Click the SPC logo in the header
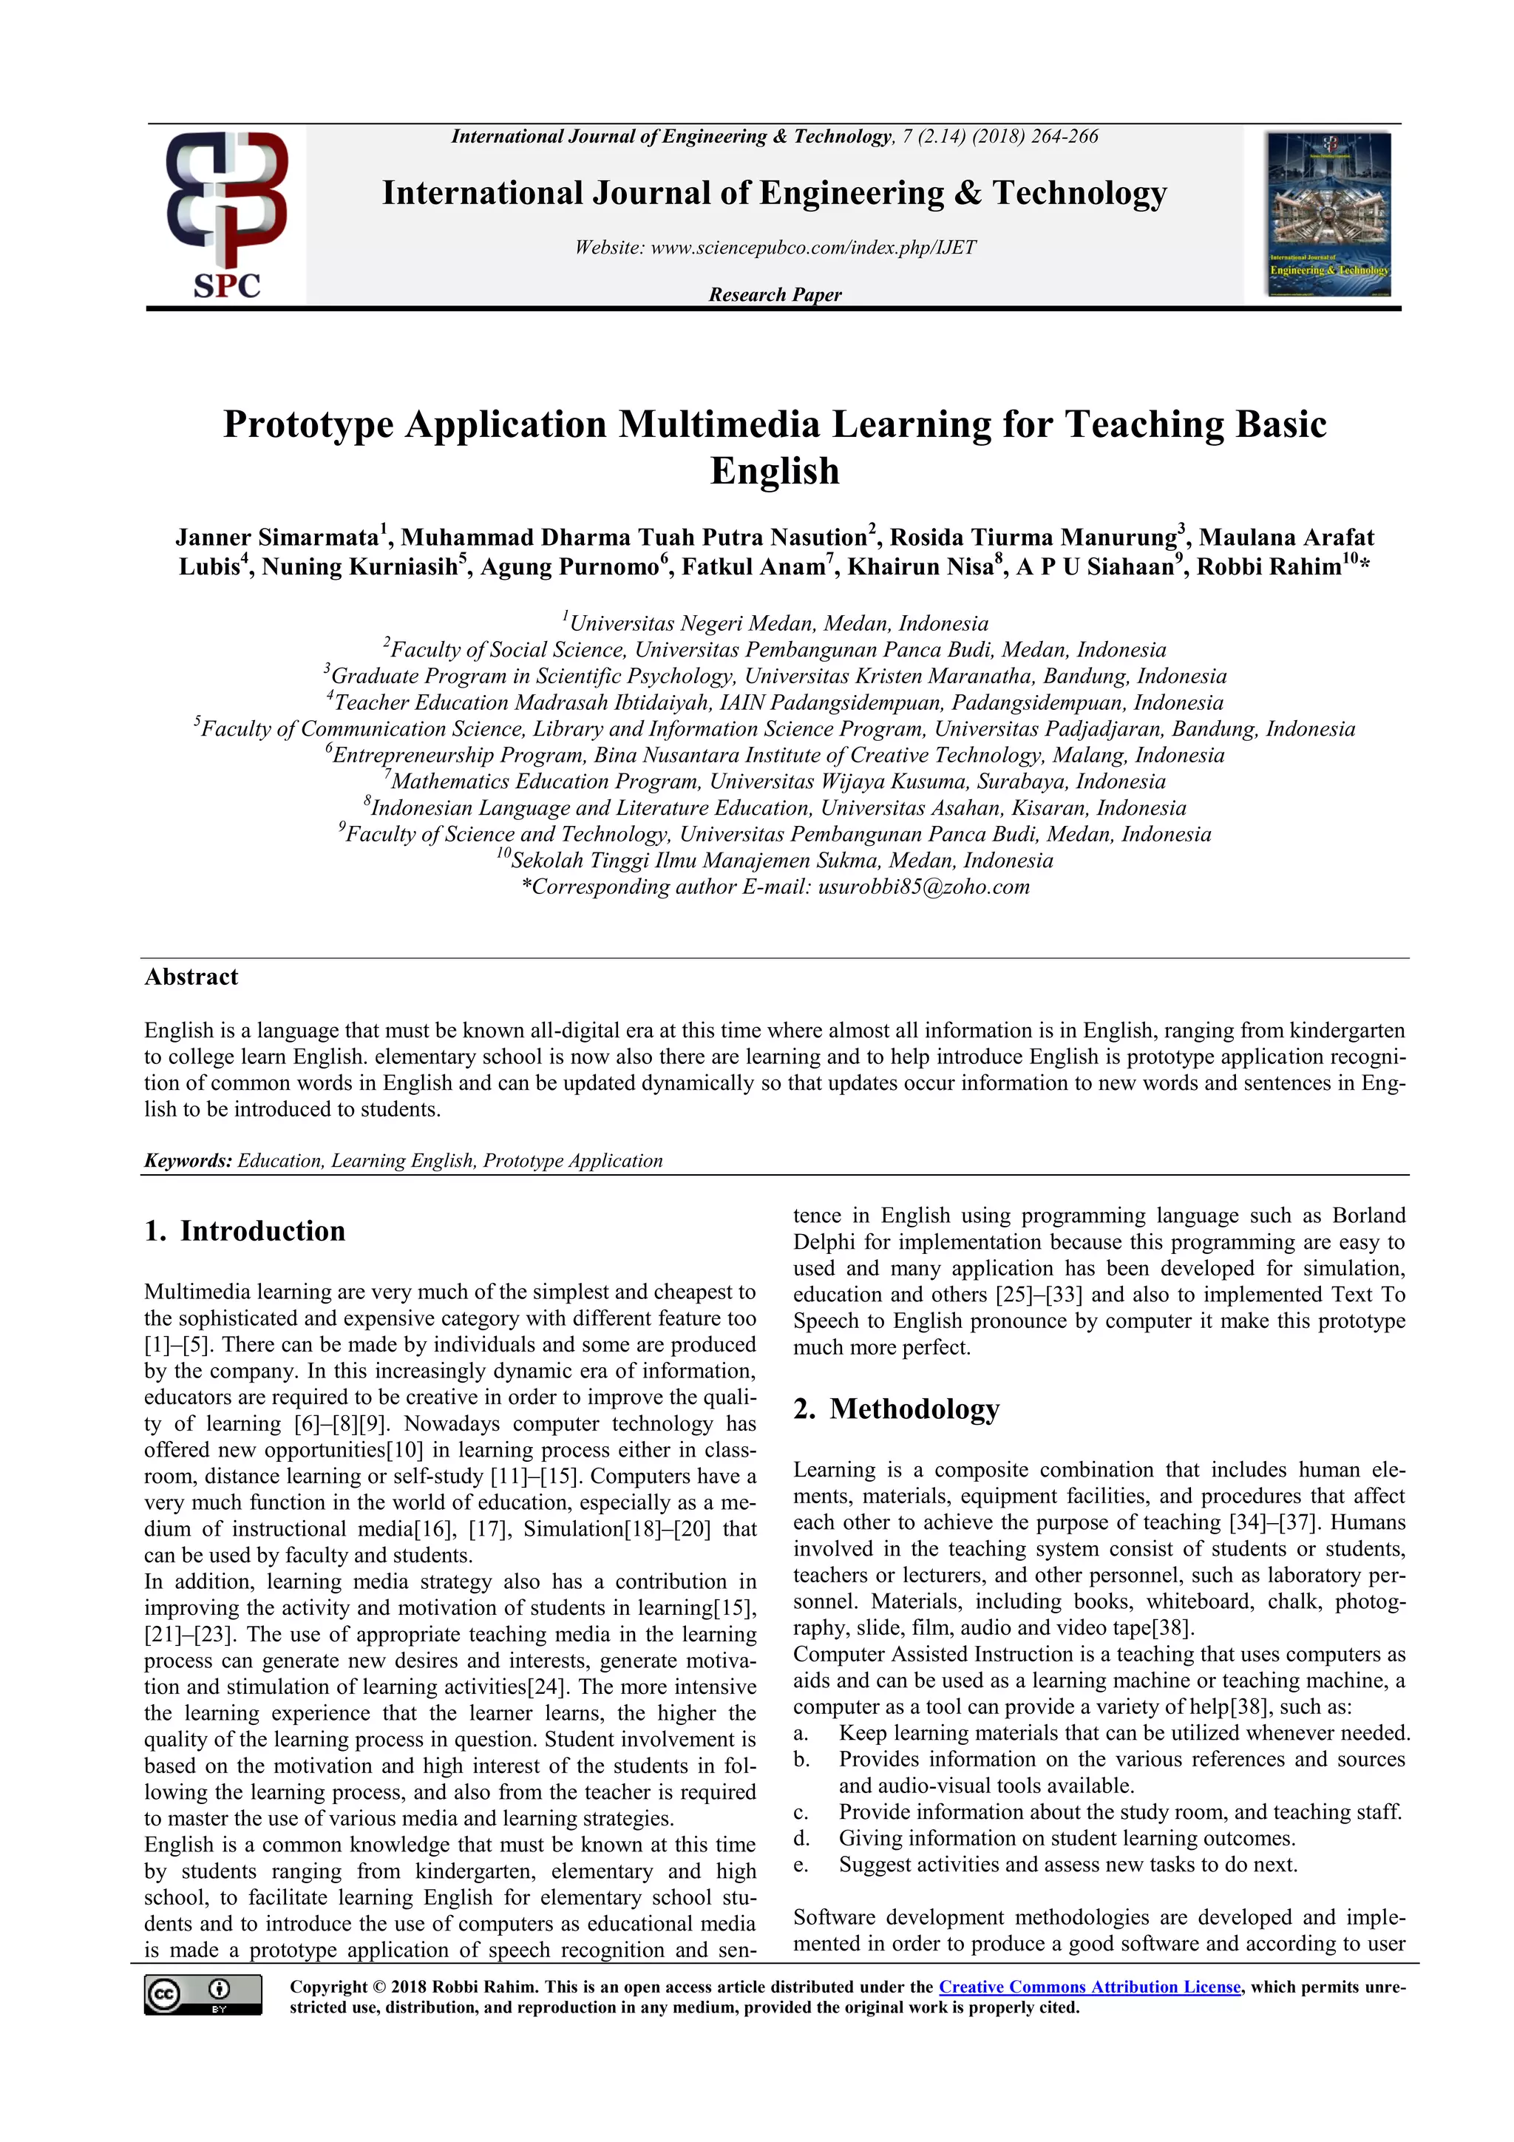pos(227,214)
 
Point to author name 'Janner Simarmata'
pos(277,538)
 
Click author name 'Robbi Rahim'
pos(1269,567)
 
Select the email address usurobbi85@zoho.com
pos(923,887)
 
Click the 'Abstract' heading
pos(191,977)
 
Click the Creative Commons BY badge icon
pos(203,1995)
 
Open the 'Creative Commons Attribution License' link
pos(1090,1987)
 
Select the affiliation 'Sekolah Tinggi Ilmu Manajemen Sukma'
pos(781,860)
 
